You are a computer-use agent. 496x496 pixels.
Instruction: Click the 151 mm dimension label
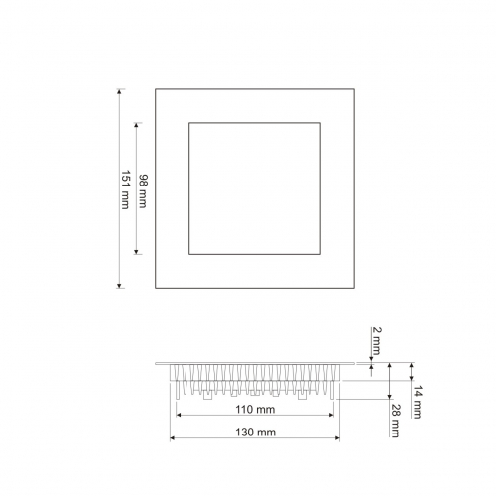click(125, 189)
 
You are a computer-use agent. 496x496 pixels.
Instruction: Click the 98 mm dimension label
click(143, 191)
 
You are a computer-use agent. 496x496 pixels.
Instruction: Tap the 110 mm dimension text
click(255, 410)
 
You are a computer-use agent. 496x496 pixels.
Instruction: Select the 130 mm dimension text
click(255, 433)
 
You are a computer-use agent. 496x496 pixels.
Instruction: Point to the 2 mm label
click(377, 341)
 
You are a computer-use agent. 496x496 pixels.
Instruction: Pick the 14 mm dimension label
click(417, 402)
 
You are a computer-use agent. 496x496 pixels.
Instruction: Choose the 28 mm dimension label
click(395, 421)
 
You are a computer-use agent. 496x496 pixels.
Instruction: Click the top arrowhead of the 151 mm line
click(119, 91)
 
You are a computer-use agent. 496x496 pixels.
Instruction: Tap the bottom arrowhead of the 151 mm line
click(119, 286)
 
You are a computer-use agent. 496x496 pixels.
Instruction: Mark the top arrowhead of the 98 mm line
click(136, 126)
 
